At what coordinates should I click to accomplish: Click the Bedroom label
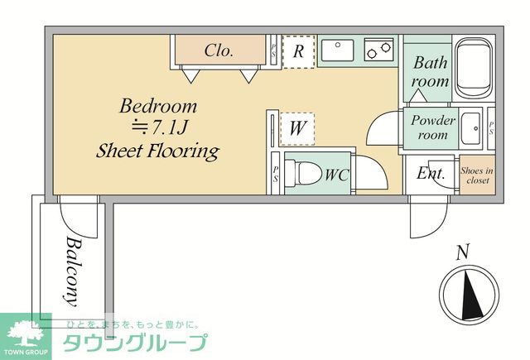click(x=158, y=106)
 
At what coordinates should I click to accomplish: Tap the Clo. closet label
click(x=219, y=50)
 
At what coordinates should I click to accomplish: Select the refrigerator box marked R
click(x=298, y=51)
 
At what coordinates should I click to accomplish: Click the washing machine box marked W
click(x=295, y=129)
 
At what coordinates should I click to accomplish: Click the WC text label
click(x=335, y=175)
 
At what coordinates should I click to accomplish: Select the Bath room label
click(x=431, y=72)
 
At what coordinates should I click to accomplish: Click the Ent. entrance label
click(x=431, y=174)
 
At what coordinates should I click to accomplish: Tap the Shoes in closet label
click(x=477, y=175)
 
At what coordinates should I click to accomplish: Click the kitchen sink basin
click(x=337, y=51)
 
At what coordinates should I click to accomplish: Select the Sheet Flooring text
click(x=157, y=151)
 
